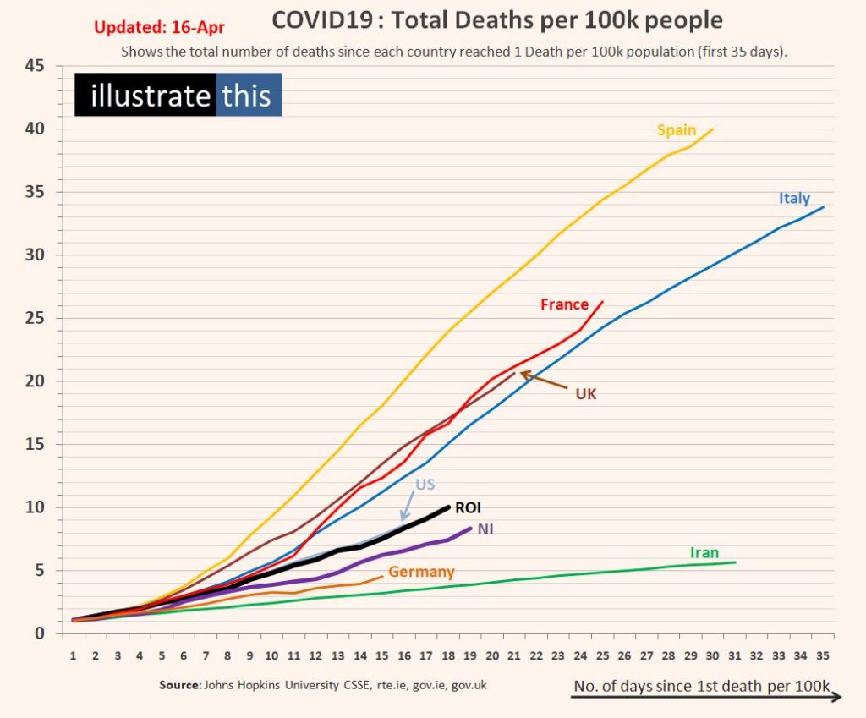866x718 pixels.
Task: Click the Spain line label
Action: [677, 130]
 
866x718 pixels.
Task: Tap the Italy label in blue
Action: [794, 199]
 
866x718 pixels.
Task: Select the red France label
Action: [564, 304]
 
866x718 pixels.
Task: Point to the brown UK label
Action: [586, 393]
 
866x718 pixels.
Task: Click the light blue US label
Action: [425, 485]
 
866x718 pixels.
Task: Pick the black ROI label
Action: [468, 508]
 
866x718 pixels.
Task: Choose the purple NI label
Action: [486, 529]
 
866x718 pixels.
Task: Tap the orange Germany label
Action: [421, 573]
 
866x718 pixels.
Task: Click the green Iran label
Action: [704, 553]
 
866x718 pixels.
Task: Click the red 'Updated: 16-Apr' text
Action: [159, 26]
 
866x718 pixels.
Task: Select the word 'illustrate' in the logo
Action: [150, 96]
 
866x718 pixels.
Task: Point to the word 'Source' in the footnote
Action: [179, 685]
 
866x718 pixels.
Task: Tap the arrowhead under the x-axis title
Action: [837, 696]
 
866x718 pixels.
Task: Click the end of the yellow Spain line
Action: [713, 129]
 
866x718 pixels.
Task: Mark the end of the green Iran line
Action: [735, 562]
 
